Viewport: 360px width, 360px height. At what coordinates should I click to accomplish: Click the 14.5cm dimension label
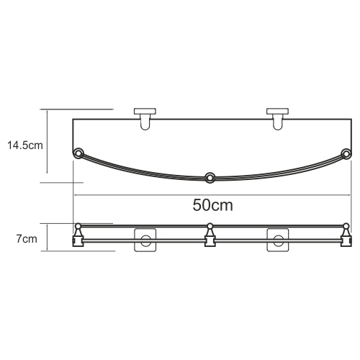point(25,145)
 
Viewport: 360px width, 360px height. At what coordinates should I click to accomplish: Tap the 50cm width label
point(212,205)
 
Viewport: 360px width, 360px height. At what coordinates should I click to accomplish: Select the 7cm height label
point(27,239)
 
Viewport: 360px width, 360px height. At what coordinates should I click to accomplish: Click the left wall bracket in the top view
point(145,119)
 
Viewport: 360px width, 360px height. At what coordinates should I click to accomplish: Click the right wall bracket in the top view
point(278,119)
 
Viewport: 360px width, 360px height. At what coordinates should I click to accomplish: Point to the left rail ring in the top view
point(78,153)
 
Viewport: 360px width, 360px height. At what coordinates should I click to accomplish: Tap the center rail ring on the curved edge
point(210,178)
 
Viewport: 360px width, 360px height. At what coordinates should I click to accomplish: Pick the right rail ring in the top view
point(346,153)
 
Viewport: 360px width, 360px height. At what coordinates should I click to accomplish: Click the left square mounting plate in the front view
point(145,240)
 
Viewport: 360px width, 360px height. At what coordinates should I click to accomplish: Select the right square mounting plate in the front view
point(278,240)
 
